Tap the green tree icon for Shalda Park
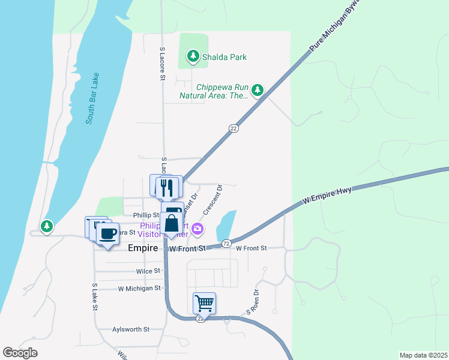(193, 57)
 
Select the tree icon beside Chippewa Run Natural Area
(258, 90)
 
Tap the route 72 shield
(226, 244)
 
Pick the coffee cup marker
(107, 233)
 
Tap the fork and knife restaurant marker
(167, 187)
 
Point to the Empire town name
(143, 248)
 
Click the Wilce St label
(148, 271)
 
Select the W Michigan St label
(140, 288)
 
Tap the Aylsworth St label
(130, 329)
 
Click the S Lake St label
(95, 297)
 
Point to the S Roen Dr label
(252, 304)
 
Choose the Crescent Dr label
(212, 200)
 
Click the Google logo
(20, 353)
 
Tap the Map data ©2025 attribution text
(423, 355)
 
